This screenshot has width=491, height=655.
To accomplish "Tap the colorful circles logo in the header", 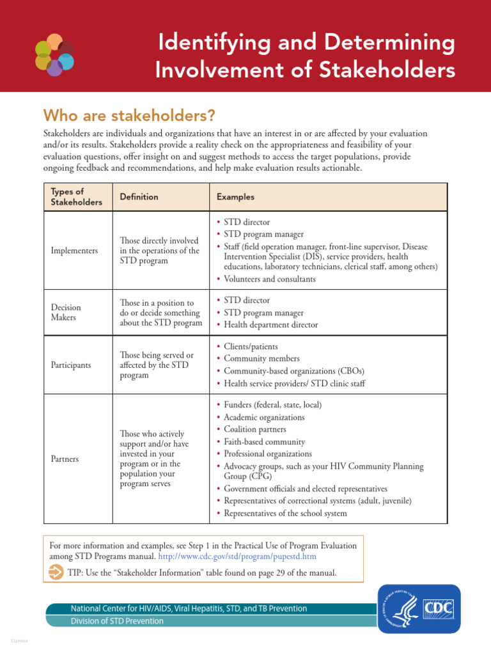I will click(54, 54).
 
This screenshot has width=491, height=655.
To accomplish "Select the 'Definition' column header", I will click(139, 197).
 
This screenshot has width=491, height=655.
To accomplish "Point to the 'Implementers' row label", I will click(74, 251).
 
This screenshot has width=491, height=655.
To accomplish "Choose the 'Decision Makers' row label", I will click(66, 312).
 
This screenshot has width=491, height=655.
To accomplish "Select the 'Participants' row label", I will click(70, 365).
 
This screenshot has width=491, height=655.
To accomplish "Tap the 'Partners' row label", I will click(65, 459).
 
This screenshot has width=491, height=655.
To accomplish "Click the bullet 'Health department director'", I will click(270, 325).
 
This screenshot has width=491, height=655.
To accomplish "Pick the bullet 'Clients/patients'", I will click(251, 346).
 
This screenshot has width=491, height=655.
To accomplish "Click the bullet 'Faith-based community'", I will click(264, 442).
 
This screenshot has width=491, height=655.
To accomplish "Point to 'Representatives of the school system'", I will click(285, 513).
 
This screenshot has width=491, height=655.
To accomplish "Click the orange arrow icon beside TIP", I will click(56, 572).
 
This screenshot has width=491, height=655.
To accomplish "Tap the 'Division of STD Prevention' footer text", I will click(117, 621).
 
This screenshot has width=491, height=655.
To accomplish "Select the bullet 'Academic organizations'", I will click(264, 418).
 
